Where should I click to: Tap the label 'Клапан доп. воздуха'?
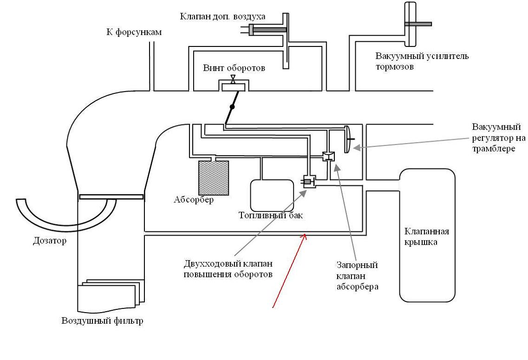[222, 17]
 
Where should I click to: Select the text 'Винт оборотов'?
[234, 68]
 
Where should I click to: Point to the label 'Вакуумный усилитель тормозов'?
[422, 61]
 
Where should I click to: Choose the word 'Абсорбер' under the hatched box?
[194, 200]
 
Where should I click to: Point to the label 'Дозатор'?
[49, 241]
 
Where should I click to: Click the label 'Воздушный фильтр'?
[102, 321]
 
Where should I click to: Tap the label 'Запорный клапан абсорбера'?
[357, 276]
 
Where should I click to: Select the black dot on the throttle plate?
[232, 107]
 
